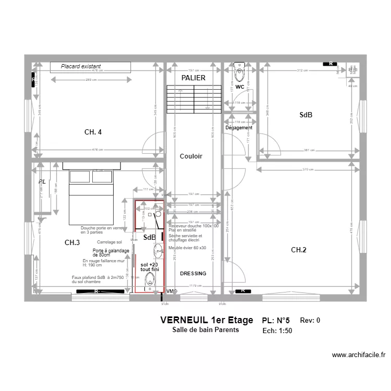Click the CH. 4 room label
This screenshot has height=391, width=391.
(93, 132)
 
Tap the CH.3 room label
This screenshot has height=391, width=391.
(72, 242)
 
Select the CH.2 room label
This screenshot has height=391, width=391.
(298, 250)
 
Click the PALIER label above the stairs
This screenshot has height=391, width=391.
(193, 78)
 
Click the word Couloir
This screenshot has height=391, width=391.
(191, 156)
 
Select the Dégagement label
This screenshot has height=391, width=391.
(239, 128)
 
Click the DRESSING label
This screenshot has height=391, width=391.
(193, 274)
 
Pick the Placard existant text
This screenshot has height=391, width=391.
(81, 67)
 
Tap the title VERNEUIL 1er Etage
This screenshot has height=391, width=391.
(206, 320)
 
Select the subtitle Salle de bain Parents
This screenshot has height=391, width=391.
(205, 330)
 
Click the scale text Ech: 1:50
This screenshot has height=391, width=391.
(277, 331)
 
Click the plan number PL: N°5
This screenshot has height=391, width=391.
(276, 321)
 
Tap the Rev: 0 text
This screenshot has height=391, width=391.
(310, 321)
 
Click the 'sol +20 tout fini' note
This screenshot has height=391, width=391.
(149, 267)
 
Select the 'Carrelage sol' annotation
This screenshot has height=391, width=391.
(109, 242)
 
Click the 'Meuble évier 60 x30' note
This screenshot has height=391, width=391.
(187, 248)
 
